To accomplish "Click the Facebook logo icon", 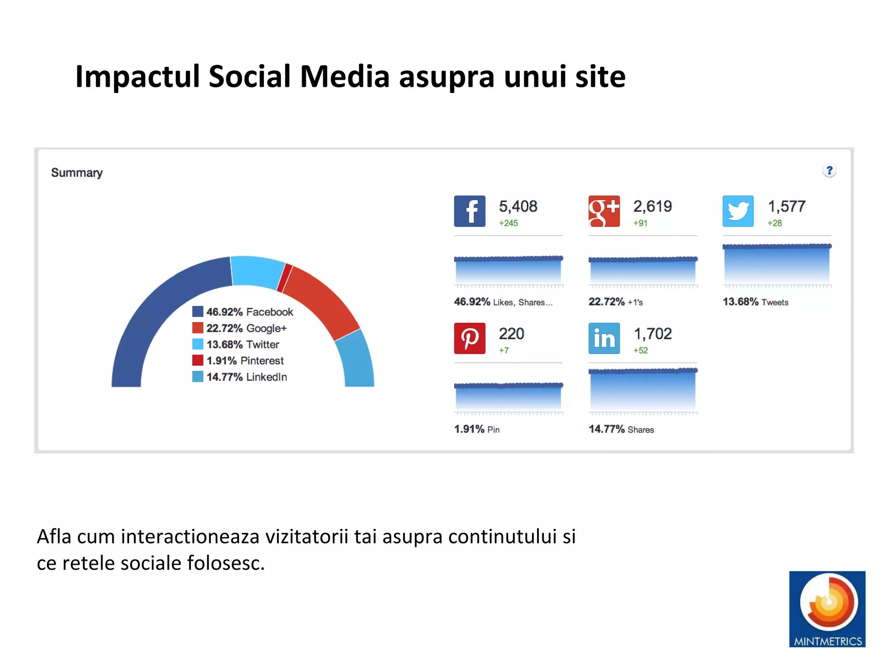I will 469,211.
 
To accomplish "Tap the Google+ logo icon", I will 604,211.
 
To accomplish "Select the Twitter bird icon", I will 738,211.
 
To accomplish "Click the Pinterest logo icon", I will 469,338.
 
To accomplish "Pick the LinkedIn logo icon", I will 604,338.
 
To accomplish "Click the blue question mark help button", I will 829,171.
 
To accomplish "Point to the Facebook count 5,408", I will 518,206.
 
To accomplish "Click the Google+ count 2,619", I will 653,206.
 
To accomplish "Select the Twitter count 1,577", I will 786,206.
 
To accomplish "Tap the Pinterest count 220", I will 511,334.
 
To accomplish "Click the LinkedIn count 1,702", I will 653,334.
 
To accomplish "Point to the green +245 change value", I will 508,223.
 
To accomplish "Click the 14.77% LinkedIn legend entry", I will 240,377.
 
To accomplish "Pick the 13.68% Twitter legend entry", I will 236,344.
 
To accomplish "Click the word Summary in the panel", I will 77,173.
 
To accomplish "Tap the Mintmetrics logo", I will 827,609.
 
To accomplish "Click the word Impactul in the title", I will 137,76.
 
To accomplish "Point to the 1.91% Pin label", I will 477,429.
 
